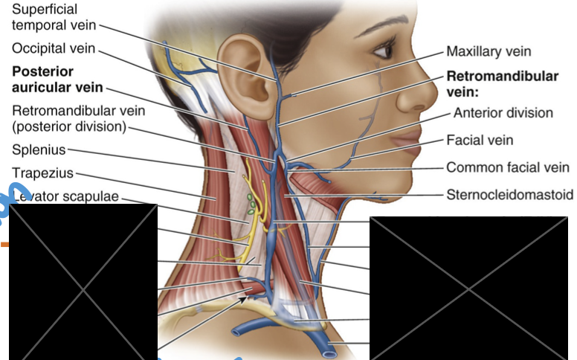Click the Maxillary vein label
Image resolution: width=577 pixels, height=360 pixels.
tap(489, 52)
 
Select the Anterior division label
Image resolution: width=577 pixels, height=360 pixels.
tap(503, 113)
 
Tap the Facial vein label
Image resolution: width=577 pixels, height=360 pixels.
tap(480, 140)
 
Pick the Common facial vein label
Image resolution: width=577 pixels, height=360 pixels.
tap(508, 167)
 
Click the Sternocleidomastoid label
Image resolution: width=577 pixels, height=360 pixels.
tap(510, 195)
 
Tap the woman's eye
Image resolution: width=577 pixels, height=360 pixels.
tap(384, 51)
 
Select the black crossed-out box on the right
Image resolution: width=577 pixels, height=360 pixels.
tap(473, 287)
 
